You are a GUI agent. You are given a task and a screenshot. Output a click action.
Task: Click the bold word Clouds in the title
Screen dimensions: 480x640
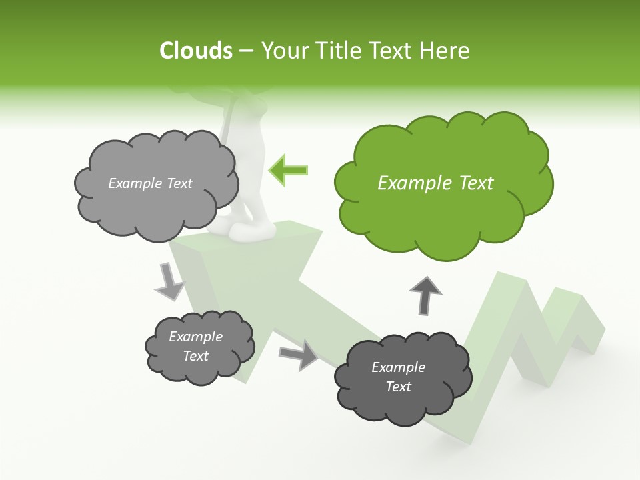[x=195, y=51]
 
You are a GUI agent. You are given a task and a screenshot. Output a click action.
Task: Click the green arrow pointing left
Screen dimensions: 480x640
[x=289, y=171]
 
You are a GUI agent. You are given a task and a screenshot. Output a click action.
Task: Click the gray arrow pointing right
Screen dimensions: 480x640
[x=299, y=354]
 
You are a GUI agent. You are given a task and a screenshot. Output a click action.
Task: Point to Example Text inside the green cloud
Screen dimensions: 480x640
[x=435, y=183]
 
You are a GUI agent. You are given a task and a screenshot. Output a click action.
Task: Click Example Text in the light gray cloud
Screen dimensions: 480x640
[x=150, y=183]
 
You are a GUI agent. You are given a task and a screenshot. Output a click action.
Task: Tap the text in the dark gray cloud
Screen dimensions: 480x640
[x=398, y=377]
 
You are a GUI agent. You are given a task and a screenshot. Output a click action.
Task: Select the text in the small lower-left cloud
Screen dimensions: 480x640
[x=195, y=346]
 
